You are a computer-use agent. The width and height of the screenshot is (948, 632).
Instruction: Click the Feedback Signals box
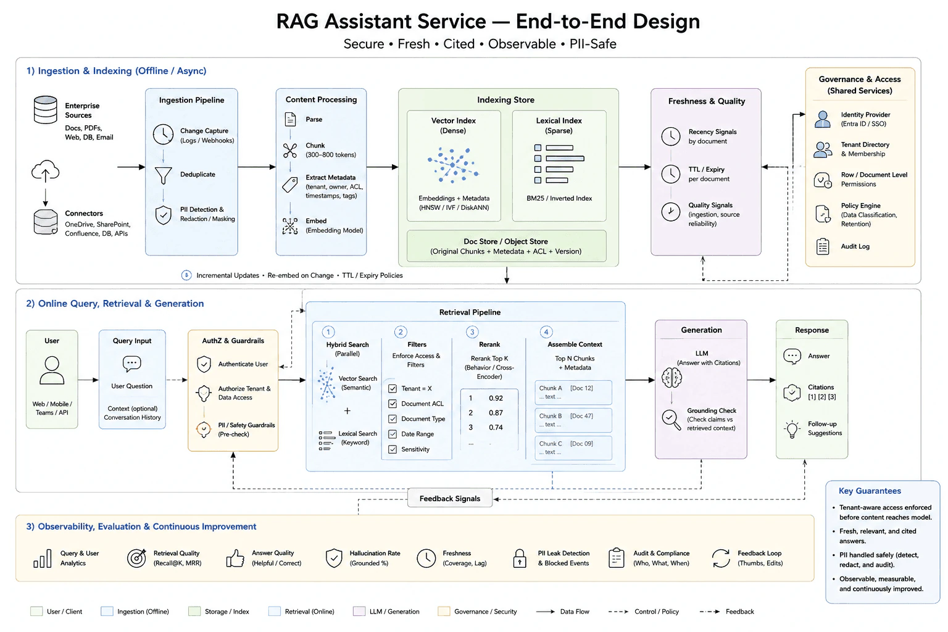(449, 498)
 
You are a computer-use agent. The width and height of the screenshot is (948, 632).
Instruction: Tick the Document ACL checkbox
(393, 404)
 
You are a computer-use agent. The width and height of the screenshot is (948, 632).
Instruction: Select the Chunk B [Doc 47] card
(573, 420)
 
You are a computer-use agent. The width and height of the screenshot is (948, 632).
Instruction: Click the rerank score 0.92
(496, 398)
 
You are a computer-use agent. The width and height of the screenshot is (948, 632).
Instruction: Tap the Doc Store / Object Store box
(506, 246)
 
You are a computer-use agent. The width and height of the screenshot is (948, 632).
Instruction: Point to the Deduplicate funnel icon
(163, 175)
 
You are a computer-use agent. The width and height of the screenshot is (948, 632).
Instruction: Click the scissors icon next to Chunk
(290, 150)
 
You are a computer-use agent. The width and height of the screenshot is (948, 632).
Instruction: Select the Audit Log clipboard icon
(822, 246)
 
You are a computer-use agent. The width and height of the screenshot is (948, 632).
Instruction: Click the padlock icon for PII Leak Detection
(519, 558)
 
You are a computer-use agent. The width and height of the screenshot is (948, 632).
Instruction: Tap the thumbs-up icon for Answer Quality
(235, 559)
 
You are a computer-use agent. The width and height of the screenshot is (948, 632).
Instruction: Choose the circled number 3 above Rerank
(472, 332)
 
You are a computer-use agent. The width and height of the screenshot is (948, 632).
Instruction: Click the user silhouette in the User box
(52, 370)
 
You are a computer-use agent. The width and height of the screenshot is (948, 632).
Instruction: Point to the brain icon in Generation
(671, 377)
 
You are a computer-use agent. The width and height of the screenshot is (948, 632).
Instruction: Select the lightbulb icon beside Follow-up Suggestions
(792, 429)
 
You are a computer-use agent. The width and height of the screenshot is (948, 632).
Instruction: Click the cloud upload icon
(45, 171)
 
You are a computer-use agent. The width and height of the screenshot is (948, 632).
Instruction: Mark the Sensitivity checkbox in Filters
(393, 449)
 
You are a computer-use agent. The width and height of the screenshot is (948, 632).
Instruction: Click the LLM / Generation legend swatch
(359, 611)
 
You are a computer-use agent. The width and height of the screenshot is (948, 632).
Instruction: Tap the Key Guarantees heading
(870, 491)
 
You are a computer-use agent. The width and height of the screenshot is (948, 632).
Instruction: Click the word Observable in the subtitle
(522, 44)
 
